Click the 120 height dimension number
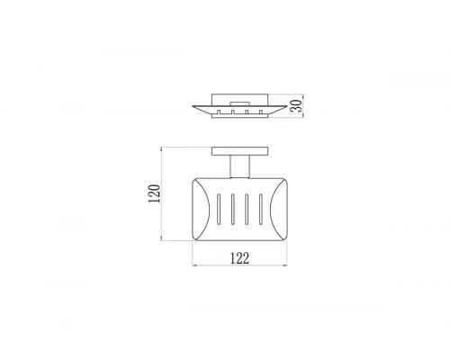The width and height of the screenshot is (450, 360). [x=155, y=193]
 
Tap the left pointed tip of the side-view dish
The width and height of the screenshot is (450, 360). [x=192, y=106]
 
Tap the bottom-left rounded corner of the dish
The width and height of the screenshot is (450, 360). [x=197, y=238]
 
